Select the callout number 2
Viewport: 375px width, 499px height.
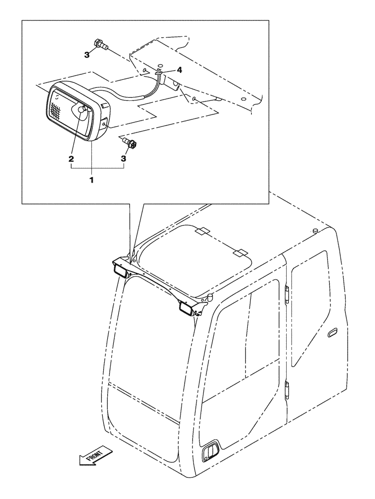[x=72, y=160]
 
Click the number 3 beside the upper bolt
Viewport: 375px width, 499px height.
[x=87, y=55]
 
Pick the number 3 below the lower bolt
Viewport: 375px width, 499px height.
[x=123, y=159]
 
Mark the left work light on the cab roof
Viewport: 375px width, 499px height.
[x=121, y=270]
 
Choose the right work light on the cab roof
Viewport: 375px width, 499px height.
[x=186, y=309]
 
